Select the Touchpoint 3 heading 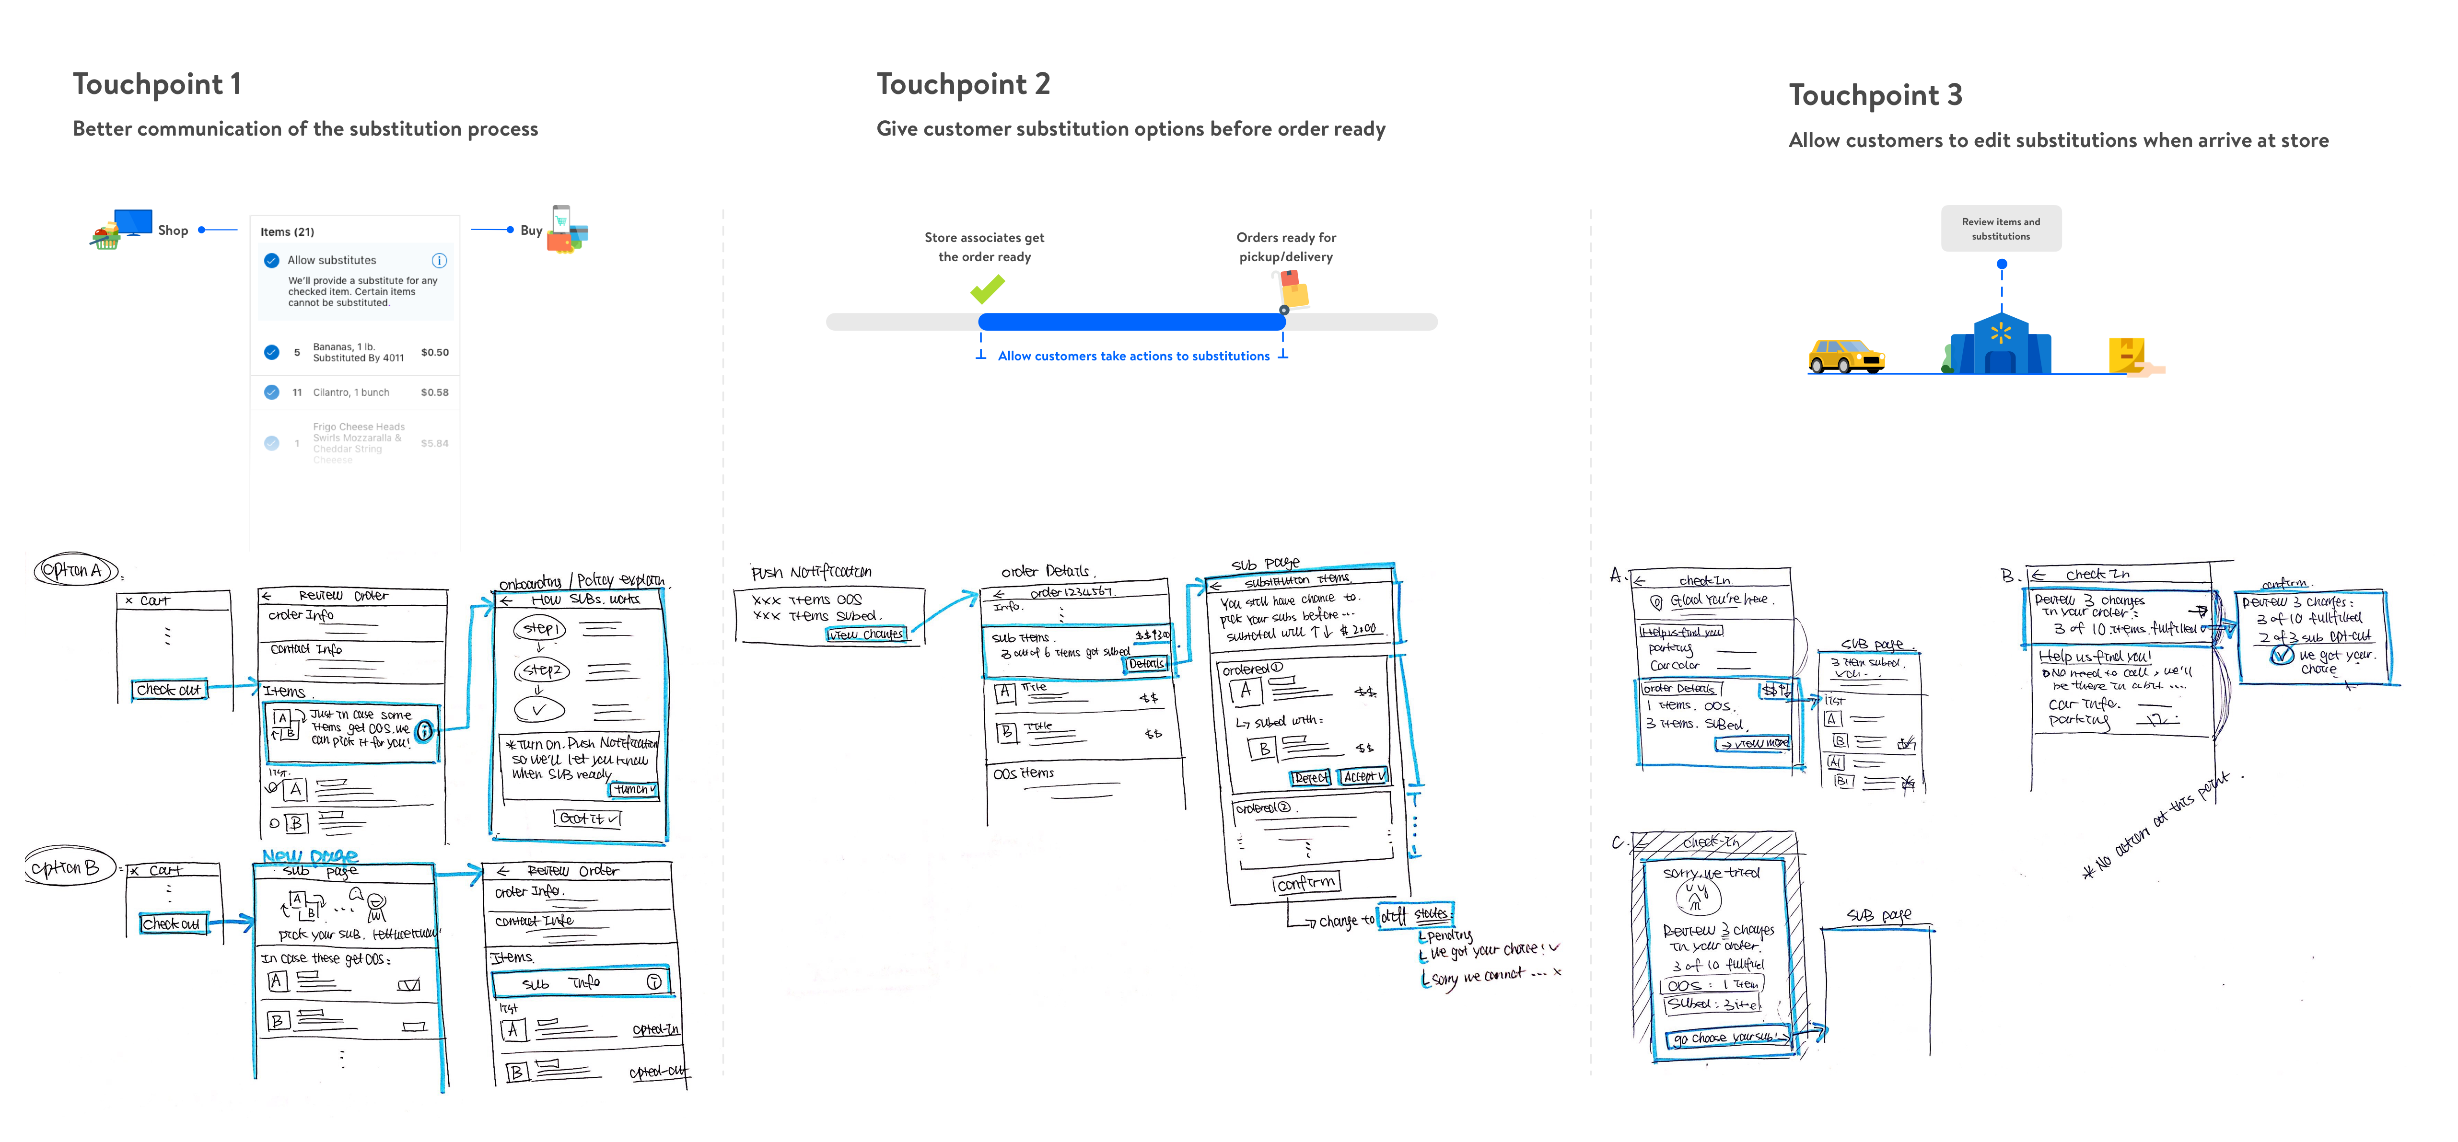click(x=1875, y=95)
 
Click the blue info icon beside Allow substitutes click(x=439, y=260)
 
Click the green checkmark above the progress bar click(x=988, y=288)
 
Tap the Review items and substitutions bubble click(x=2001, y=229)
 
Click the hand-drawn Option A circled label click(x=75, y=571)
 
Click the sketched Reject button click(x=1310, y=778)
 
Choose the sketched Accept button click(x=1363, y=777)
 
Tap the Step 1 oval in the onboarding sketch click(x=540, y=629)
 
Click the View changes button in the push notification click(x=865, y=634)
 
